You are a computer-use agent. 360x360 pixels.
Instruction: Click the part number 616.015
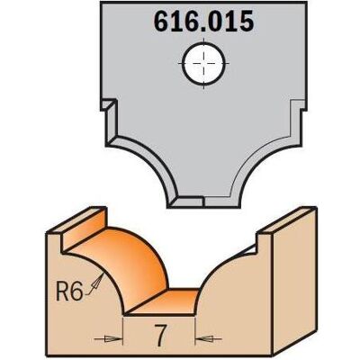click(x=203, y=22)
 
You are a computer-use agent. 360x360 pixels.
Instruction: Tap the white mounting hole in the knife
click(x=203, y=63)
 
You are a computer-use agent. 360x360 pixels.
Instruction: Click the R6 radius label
click(x=69, y=292)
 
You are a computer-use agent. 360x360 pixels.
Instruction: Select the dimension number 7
click(x=160, y=335)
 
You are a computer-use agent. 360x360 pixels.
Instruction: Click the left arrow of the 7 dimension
click(x=108, y=338)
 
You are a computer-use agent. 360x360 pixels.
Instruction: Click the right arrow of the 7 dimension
click(x=209, y=339)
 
